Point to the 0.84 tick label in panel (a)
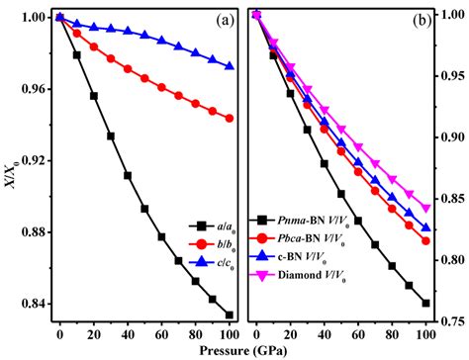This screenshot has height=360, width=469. [x=35, y=304]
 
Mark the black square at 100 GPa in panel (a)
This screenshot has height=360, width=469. [x=230, y=315]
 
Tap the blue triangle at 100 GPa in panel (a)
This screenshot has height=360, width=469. [x=230, y=66]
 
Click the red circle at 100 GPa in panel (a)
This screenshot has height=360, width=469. [x=230, y=118]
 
